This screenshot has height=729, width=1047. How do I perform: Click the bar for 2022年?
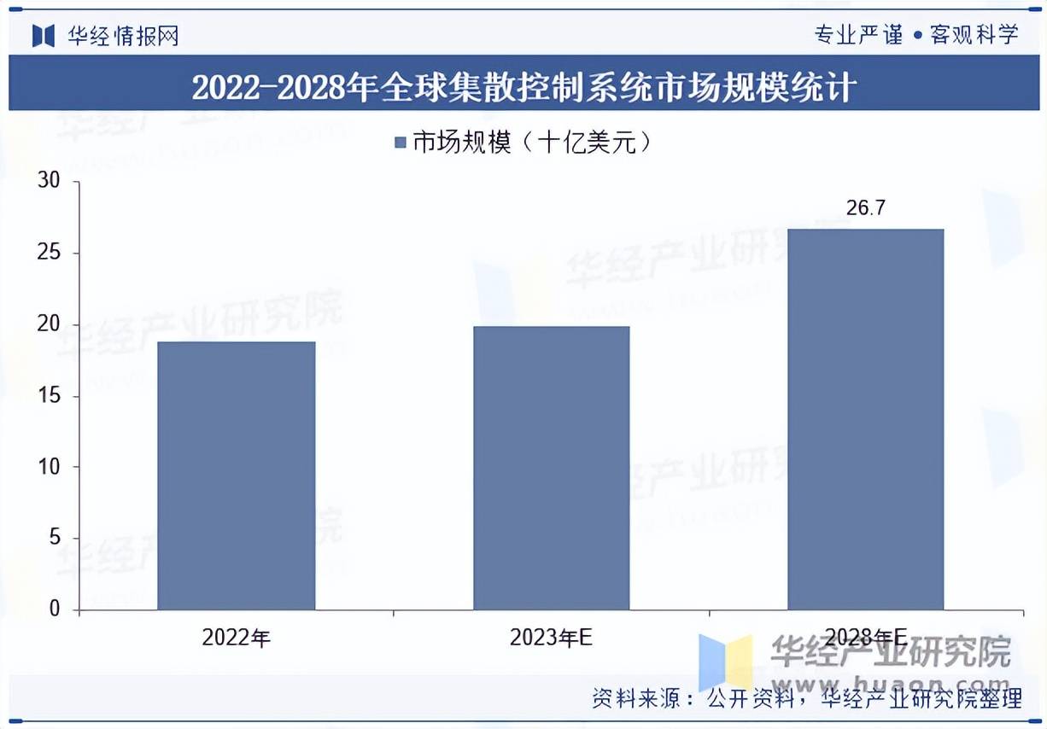click(x=237, y=475)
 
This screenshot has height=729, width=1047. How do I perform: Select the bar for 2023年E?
click(x=552, y=468)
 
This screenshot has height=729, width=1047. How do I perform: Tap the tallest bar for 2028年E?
click(x=865, y=419)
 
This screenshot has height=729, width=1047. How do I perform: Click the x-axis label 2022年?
click(x=237, y=638)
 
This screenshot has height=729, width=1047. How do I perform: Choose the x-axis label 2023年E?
click(x=551, y=638)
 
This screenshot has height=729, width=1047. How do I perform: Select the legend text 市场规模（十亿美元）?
click(x=532, y=143)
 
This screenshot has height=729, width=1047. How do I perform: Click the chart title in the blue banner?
click(x=523, y=88)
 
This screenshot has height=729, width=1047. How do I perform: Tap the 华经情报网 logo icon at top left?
click(x=44, y=35)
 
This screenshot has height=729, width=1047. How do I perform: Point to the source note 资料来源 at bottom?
click(x=806, y=699)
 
